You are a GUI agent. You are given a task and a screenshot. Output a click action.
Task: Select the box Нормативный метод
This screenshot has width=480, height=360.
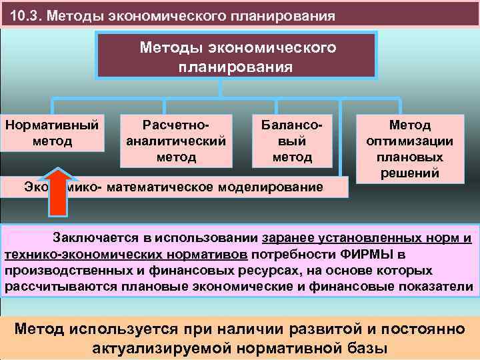click(x=51, y=132)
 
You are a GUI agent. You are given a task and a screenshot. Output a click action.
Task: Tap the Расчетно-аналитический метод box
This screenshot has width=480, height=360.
click(x=176, y=141)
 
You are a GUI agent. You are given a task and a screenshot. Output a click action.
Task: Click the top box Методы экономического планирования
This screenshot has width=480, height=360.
click(x=238, y=57)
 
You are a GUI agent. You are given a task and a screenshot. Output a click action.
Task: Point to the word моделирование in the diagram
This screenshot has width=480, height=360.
click(x=279, y=187)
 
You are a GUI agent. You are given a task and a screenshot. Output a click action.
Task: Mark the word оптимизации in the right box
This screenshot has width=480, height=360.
click(x=410, y=141)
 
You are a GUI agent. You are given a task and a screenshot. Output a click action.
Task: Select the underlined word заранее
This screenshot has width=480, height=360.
click(x=292, y=238)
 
